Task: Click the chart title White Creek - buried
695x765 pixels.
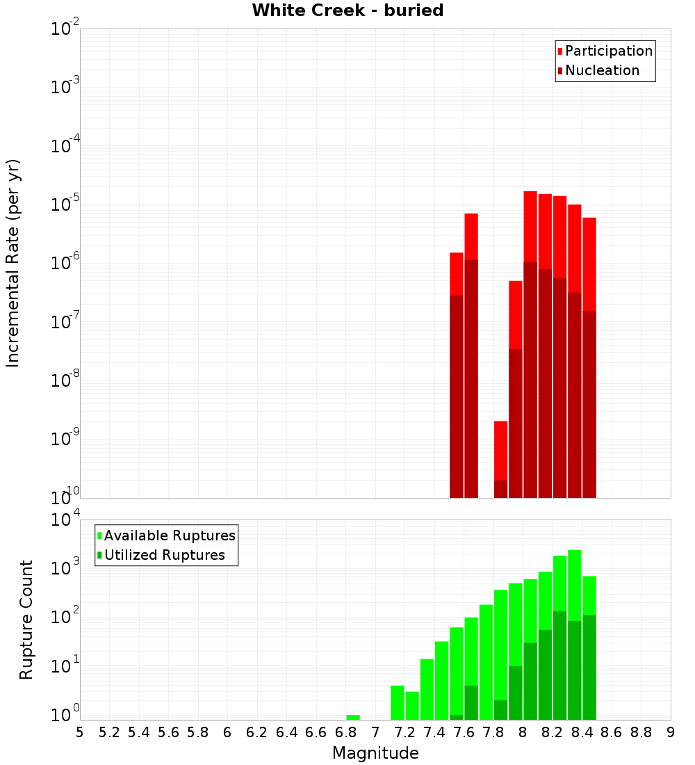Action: pos(347,10)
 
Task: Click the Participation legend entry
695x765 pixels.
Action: pos(609,51)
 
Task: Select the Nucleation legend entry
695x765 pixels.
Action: pos(602,70)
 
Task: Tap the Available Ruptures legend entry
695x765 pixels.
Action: pos(170,535)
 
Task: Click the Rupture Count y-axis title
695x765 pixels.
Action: pos(26,620)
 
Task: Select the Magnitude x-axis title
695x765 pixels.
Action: pos(375,753)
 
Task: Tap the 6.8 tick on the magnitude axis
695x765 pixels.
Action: pos(346,732)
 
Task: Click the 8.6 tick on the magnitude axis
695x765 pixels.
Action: pos(612,732)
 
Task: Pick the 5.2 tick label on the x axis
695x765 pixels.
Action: pos(110,732)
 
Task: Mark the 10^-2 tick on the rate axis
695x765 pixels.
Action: pos(64,29)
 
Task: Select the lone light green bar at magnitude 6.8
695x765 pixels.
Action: pos(353,717)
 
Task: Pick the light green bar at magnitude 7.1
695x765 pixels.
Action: pos(398,702)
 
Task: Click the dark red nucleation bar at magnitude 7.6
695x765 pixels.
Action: pos(471,379)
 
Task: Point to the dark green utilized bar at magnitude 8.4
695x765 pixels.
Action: pos(589,668)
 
